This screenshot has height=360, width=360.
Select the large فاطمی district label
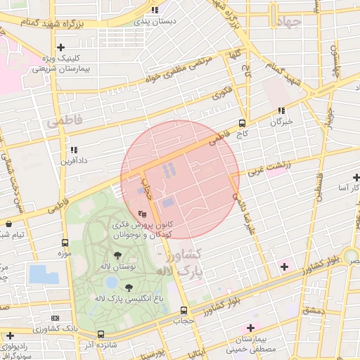65,122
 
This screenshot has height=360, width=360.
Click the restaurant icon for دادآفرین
74,150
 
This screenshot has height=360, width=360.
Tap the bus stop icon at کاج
243,122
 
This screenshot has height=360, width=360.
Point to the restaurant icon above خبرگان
281,110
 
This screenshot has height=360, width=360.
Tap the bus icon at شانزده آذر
101,334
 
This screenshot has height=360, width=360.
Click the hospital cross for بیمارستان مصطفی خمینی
250,328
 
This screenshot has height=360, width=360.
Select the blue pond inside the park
111,283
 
